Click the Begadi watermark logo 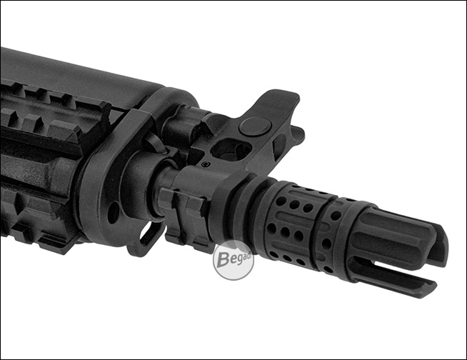pyautogui.click(x=233, y=260)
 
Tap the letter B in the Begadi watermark pyautogui.click(x=223, y=259)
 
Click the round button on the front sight pyautogui.click(x=255, y=126)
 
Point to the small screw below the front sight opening pyautogui.click(x=206, y=164)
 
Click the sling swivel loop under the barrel pyautogui.click(x=146, y=239)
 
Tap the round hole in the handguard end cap pyautogui.click(x=113, y=212)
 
